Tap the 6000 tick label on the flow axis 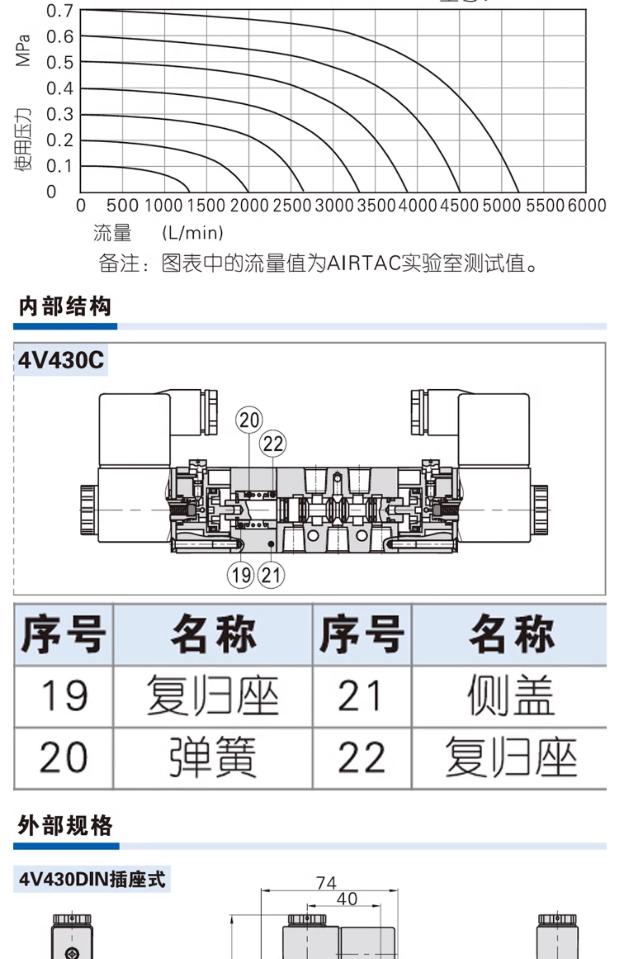(x=587, y=206)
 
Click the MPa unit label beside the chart (x=23, y=50)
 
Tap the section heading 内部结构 (x=65, y=306)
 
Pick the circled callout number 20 (x=249, y=421)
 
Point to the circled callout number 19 (x=241, y=575)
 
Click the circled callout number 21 (x=271, y=575)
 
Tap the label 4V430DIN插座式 (x=92, y=879)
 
